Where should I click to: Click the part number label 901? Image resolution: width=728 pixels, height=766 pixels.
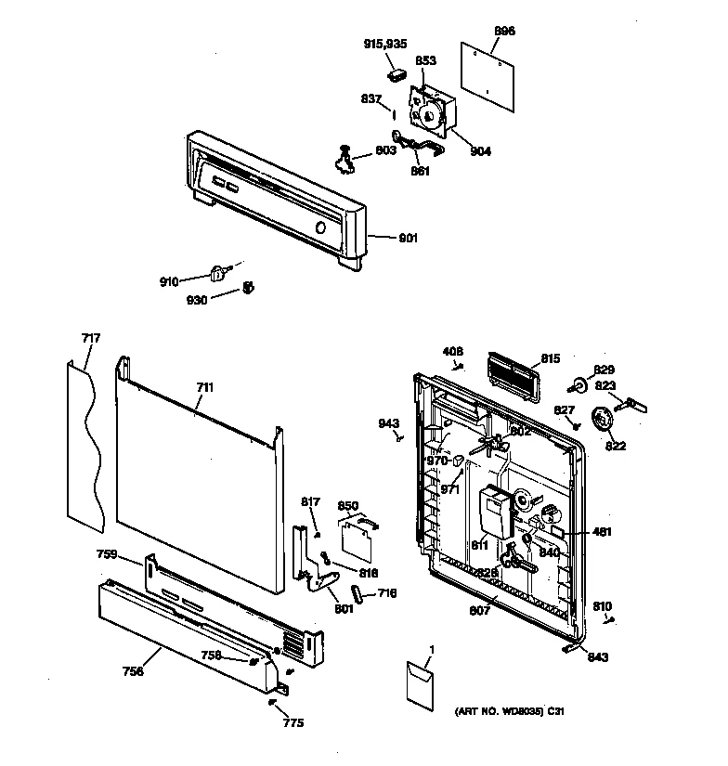point(408,239)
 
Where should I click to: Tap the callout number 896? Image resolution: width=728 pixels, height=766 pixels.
point(504,32)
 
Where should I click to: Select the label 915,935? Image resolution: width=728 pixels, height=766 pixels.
point(384,44)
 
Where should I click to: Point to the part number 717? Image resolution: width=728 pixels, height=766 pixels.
point(91,338)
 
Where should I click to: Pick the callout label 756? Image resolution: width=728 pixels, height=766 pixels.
point(133,671)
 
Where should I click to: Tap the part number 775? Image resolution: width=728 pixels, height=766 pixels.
point(293,722)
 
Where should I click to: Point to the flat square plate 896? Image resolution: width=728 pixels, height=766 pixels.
point(492,70)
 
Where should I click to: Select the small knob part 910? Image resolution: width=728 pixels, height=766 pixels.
point(219,273)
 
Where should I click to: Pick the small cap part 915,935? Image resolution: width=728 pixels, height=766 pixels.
point(397,73)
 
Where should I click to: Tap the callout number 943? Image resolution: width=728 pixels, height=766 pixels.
point(388,423)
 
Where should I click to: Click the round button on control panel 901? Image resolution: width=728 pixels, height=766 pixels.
point(319,228)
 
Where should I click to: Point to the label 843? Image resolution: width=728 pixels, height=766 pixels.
point(599,658)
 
